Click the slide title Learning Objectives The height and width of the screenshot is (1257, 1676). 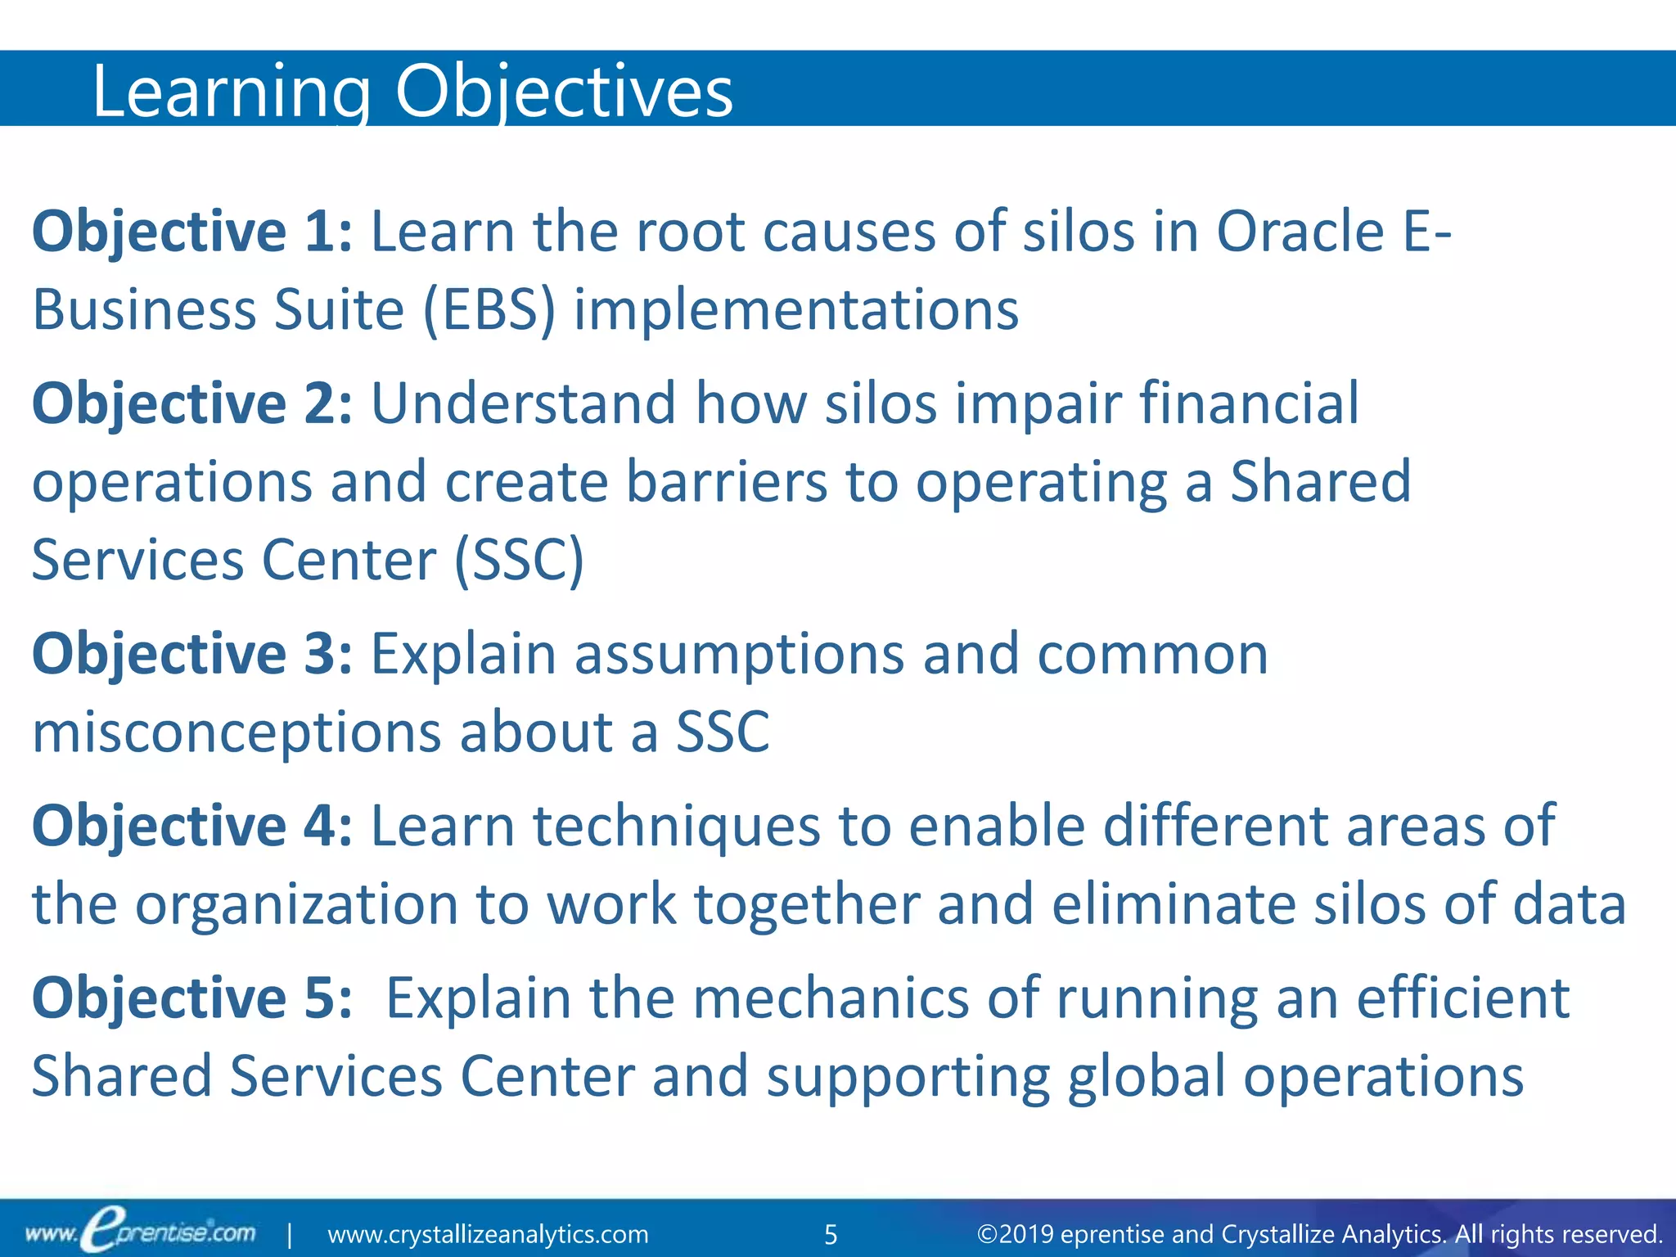tap(412, 92)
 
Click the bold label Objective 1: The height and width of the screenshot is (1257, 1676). tap(191, 232)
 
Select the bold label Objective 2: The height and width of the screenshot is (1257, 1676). tap(191, 404)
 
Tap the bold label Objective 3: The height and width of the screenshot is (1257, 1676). tap(191, 655)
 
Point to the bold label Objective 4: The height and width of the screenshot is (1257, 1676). tap(191, 827)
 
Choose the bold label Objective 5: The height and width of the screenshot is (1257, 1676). tap(191, 998)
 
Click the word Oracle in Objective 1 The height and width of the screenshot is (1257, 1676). tap(1300, 232)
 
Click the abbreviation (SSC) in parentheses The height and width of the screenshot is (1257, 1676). tap(519, 561)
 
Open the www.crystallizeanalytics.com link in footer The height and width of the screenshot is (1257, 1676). tap(488, 1234)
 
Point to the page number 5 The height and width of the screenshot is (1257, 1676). tap(831, 1234)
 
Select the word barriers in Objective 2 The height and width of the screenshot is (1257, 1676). tap(727, 483)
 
